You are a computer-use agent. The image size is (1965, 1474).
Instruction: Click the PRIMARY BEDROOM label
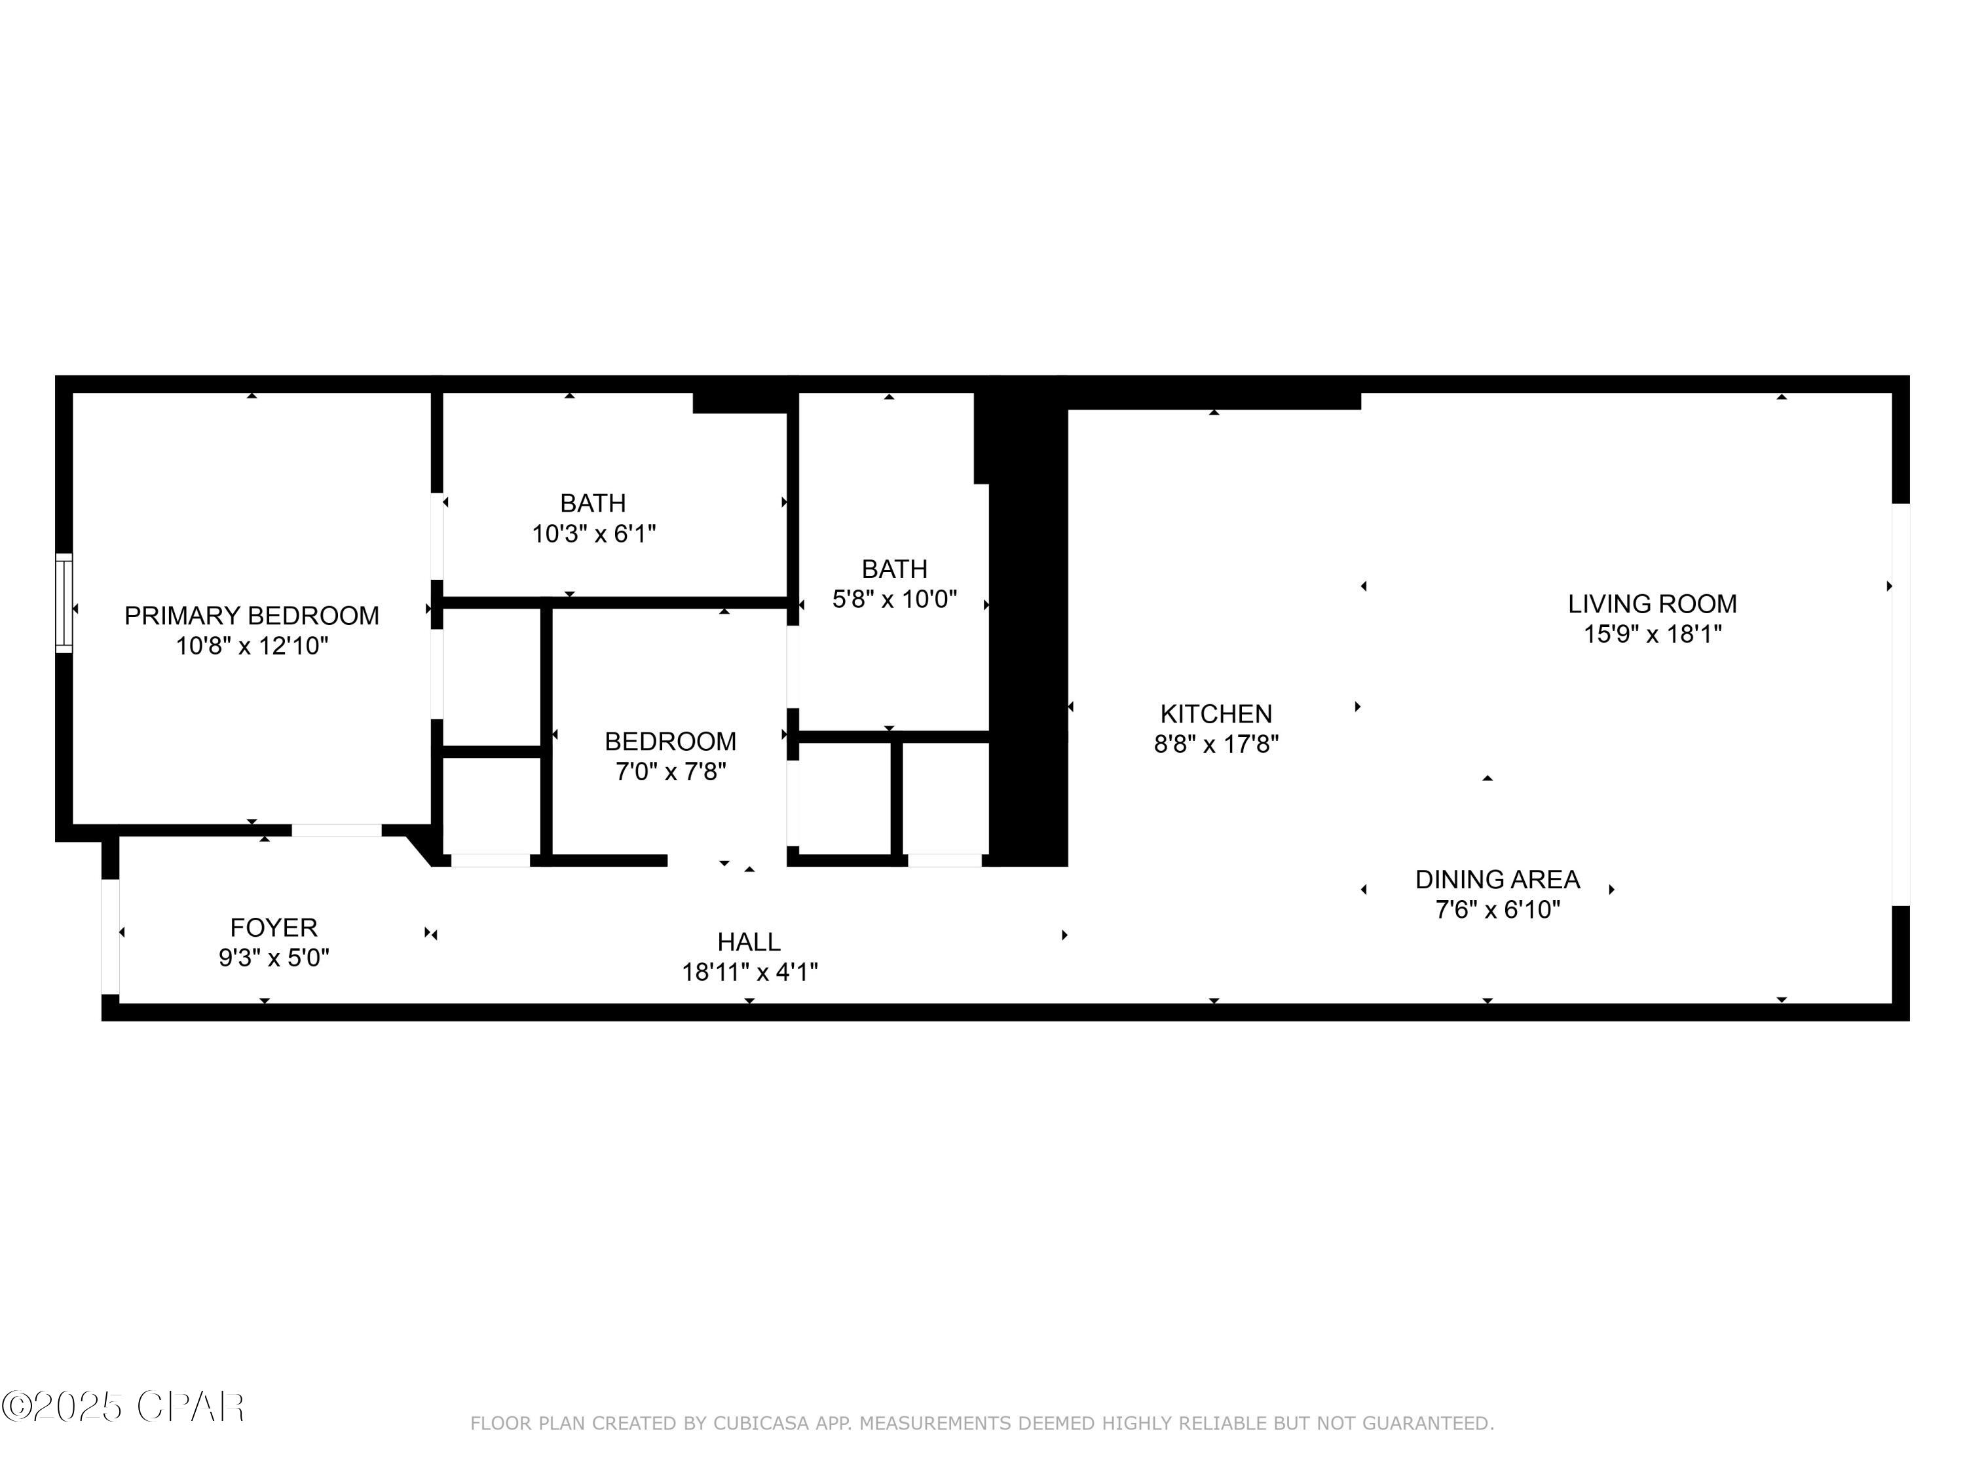(252, 615)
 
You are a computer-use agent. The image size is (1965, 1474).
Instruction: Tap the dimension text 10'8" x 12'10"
(252, 646)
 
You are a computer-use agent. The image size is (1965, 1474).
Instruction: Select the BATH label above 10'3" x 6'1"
(593, 503)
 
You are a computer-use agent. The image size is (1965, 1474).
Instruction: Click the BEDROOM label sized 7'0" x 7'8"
(670, 741)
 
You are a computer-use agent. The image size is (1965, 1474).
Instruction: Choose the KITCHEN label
(1215, 713)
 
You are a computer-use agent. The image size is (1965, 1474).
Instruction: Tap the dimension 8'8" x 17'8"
(1215, 744)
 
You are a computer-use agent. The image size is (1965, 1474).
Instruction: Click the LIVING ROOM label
(1651, 604)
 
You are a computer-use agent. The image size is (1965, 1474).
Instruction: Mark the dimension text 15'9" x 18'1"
(1651, 634)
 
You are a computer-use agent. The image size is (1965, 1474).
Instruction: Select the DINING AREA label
(1497, 880)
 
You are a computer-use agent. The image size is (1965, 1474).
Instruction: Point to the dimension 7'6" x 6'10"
(1497, 910)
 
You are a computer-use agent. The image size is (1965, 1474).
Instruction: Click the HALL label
(748, 942)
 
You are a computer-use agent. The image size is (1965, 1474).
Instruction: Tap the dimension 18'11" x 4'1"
(748, 972)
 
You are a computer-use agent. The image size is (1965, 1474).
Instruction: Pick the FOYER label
(274, 928)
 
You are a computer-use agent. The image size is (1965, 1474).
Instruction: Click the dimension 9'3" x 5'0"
(274, 958)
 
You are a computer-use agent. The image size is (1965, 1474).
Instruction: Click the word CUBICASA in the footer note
(761, 1424)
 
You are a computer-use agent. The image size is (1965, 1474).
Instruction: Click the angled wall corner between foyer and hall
(419, 848)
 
